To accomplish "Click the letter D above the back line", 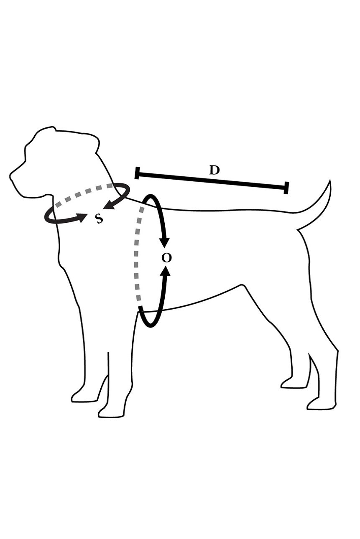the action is coord(214,170).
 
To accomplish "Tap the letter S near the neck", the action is coord(99,219).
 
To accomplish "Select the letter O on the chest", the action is coord(167,258).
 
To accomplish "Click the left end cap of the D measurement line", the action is coord(137,173).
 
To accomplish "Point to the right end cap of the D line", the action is coord(286,188).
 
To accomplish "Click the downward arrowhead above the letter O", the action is coord(165,242).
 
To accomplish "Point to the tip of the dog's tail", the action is coord(329,180).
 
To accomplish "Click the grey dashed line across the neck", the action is coord(85,192).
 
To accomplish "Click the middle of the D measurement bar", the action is coord(212,180).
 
